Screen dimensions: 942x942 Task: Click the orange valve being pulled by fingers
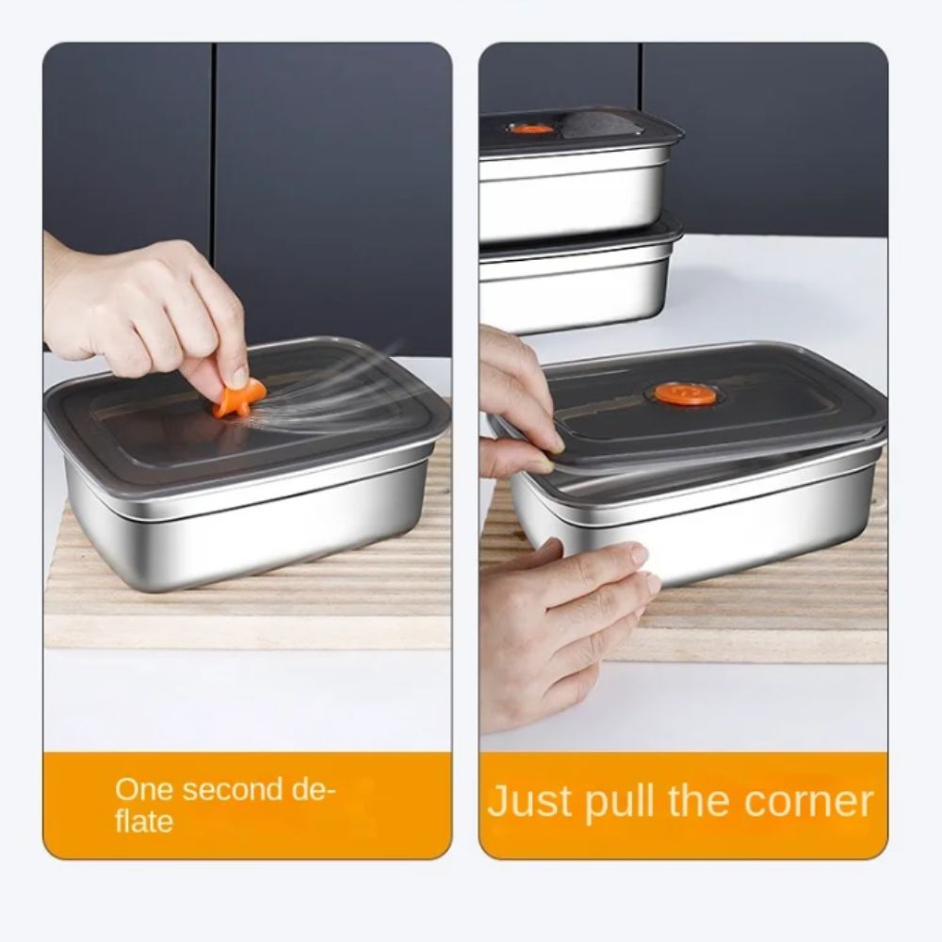pyautogui.click(x=233, y=400)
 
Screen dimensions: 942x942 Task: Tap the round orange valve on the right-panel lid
pyautogui.click(x=686, y=394)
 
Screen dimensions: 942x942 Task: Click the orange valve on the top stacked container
pyautogui.click(x=533, y=127)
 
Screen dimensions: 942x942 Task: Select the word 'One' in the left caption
pyautogui.click(x=143, y=789)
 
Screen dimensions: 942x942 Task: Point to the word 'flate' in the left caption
pyautogui.click(x=144, y=821)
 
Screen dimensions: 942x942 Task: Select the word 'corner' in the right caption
pyautogui.click(x=808, y=803)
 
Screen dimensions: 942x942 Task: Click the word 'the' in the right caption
pyautogui.click(x=700, y=803)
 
